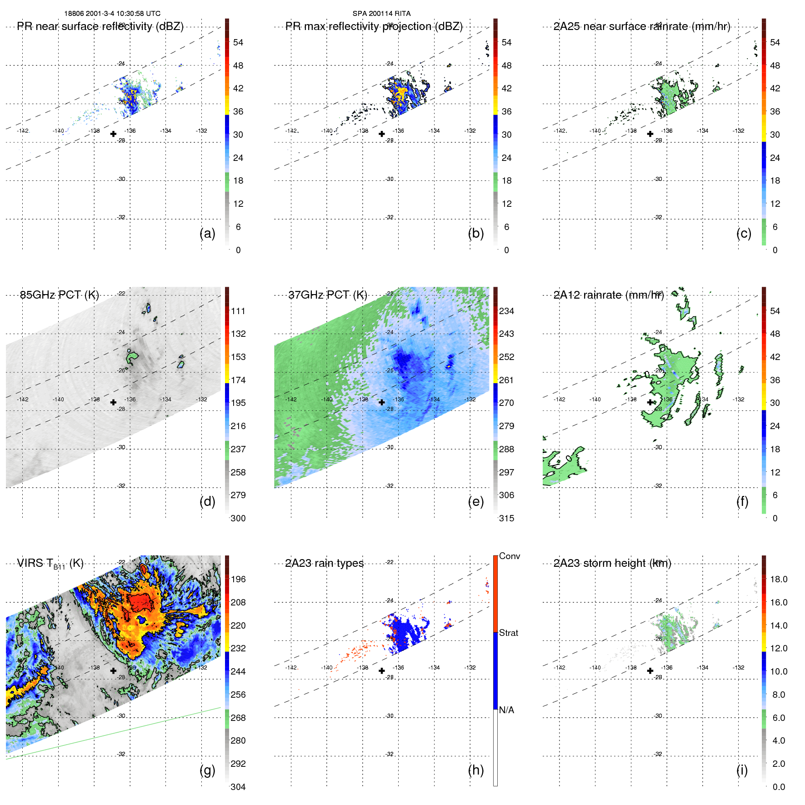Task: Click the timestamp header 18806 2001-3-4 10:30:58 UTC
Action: point(112,14)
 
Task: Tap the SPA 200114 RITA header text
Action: point(381,14)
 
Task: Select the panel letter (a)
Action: point(207,234)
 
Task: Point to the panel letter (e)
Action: point(475,502)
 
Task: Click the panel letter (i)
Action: point(742,770)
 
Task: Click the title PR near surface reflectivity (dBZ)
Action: point(100,26)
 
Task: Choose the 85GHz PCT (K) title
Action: point(59,295)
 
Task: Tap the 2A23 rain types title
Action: point(324,563)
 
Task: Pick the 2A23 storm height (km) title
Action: point(612,563)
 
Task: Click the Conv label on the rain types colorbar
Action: point(509,556)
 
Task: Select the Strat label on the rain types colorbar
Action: point(508,633)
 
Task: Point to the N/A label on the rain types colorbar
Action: point(506,710)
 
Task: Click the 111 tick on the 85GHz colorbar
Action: point(238,311)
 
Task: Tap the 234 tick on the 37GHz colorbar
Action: point(506,311)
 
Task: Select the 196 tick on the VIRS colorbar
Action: point(238,579)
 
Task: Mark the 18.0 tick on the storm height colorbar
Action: point(778,579)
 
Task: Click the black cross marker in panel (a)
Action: point(113,134)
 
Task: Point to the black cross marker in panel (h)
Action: point(382,671)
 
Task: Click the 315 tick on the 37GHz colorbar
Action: point(506,518)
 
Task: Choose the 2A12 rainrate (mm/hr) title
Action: point(609,295)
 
